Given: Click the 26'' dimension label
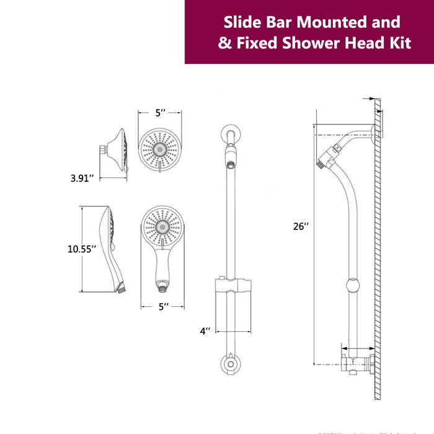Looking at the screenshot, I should [301, 226].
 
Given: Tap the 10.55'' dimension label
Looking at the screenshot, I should [82, 249].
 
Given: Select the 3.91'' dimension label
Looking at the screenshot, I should [82, 179].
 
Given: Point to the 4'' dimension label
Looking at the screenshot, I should [205, 331].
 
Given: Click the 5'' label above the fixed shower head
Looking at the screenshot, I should [161, 113].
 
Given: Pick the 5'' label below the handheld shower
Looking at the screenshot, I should [163, 306].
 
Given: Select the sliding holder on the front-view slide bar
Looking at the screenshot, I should [231, 286].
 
